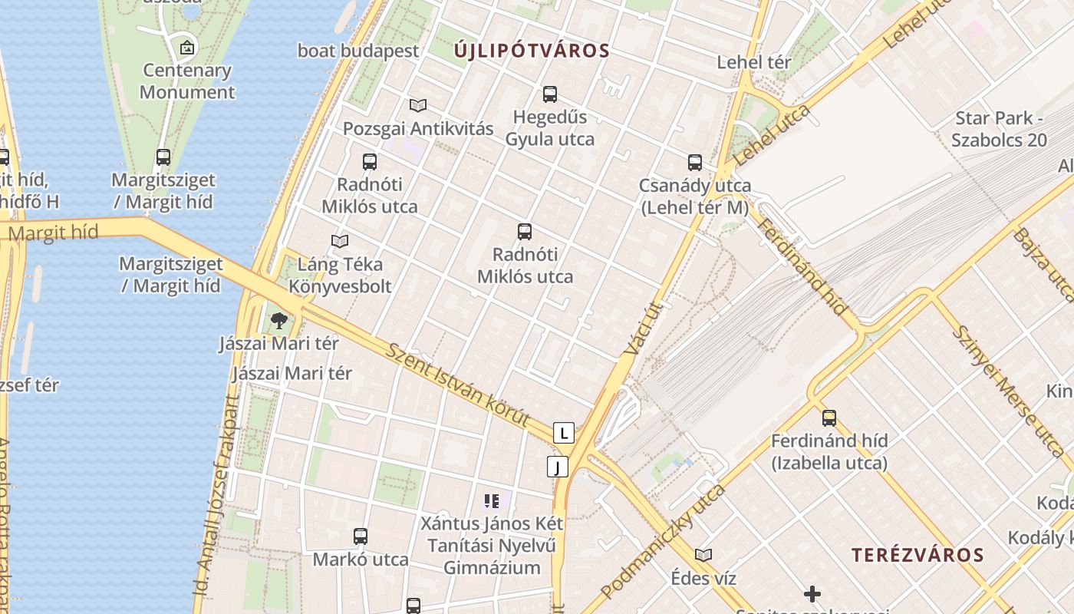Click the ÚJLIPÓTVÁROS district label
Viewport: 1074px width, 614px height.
532,51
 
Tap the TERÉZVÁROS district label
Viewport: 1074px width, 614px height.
918,555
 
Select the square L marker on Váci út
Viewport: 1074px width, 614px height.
564,433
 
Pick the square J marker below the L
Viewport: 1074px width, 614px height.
558,467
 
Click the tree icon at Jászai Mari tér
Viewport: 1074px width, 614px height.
279,320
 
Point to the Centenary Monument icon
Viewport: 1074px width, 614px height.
186,48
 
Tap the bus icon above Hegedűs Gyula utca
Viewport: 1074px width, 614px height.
549,94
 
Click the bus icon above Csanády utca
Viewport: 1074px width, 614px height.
695,163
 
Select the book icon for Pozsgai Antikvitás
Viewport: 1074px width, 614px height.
418,105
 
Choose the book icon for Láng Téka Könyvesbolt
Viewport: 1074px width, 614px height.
340,241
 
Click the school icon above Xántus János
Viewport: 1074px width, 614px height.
492,502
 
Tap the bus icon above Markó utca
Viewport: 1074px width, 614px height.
361,536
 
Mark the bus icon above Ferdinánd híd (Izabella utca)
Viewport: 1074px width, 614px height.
829,418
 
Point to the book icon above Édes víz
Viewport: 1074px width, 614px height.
703,555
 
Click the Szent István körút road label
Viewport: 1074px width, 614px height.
458,386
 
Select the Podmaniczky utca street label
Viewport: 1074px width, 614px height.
664,542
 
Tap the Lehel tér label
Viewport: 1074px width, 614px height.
753,62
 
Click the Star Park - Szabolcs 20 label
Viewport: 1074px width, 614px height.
999,129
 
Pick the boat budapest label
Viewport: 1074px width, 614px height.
358,51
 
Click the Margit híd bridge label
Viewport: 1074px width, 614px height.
53,233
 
